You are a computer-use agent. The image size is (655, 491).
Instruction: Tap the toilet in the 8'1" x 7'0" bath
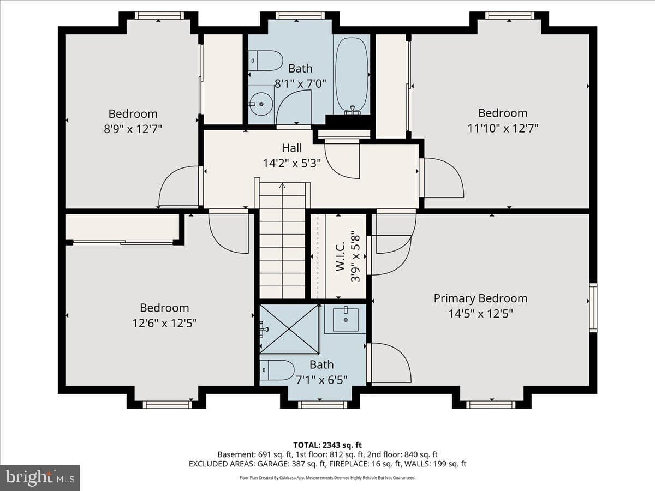pos(265,61)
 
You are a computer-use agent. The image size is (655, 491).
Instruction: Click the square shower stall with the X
pos(289,329)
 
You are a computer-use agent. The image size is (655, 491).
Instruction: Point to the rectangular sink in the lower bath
pos(346,320)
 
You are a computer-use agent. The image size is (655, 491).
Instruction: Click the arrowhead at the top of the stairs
pos(282,185)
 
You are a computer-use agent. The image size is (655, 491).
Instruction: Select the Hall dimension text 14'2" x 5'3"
pos(292,163)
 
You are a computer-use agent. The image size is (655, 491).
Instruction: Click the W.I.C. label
pos(340,256)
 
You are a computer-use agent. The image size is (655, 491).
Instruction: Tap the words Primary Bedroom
pos(480,298)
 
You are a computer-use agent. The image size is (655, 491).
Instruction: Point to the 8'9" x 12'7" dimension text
pos(133,129)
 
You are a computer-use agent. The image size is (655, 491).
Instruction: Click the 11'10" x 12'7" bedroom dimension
pos(503,129)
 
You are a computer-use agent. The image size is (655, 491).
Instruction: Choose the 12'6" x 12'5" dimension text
pos(164,323)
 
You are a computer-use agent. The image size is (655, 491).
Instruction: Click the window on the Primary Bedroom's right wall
pos(593,307)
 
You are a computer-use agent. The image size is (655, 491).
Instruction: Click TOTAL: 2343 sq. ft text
pos(327,445)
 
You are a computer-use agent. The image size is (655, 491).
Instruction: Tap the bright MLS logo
pos(40,477)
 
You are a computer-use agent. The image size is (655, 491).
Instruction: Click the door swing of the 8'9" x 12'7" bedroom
pos(178,187)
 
